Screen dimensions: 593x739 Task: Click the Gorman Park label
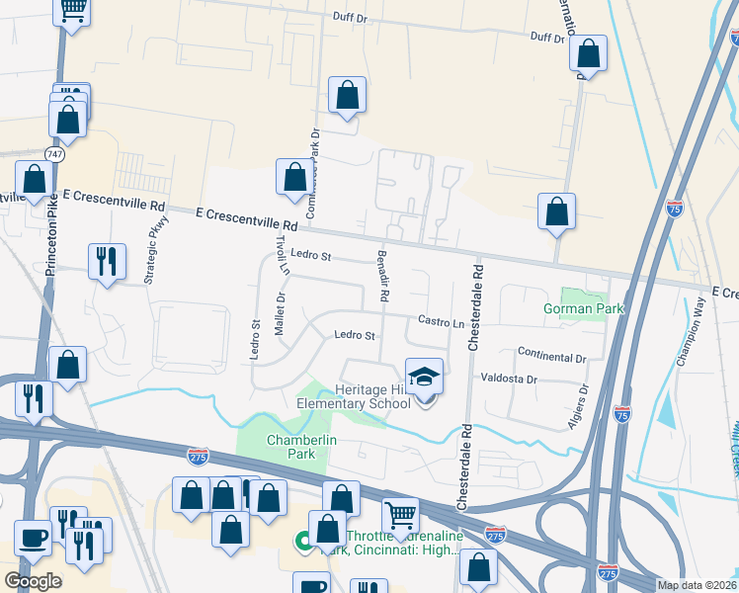point(584,309)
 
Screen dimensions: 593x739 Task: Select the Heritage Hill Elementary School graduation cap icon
point(425,377)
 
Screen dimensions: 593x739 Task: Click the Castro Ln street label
point(441,322)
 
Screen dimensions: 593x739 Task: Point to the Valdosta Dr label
point(508,379)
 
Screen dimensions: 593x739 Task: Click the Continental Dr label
point(551,356)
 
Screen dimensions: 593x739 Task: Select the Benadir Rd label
point(381,276)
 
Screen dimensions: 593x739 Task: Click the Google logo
point(33,581)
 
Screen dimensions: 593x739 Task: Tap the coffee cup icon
point(33,538)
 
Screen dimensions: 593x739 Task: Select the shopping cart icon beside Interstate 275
point(400,515)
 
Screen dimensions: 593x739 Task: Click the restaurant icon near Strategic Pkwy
point(107,261)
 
